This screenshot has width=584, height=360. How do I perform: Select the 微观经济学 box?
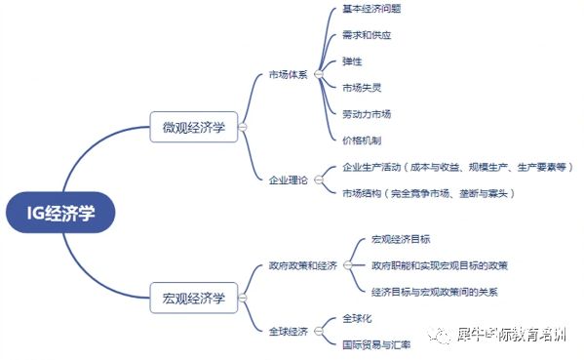click(x=193, y=126)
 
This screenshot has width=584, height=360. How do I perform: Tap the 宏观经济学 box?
click(x=193, y=297)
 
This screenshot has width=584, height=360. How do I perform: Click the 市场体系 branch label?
click(x=288, y=75)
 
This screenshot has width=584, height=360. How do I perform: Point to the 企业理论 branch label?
click(x=288, y=180)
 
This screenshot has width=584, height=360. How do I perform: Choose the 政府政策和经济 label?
click(x=302, y=265)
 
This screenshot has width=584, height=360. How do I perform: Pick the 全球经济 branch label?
click(x=288, y=332)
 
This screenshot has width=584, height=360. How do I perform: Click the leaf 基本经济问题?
click(x=371, y=9)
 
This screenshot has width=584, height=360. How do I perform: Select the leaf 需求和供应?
click(x=367, y=35)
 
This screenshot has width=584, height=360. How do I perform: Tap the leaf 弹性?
click(x=352, y=61)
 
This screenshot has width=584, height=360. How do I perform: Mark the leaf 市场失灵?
click(x=362, y=88)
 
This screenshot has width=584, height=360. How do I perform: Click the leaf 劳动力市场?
click(x=367, y=114)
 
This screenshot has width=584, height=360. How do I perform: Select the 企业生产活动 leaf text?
click(x=457, y=167)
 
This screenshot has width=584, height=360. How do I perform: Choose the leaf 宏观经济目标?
click(x=401, y=239)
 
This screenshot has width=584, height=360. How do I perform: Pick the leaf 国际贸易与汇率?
click(x=376, y=344)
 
